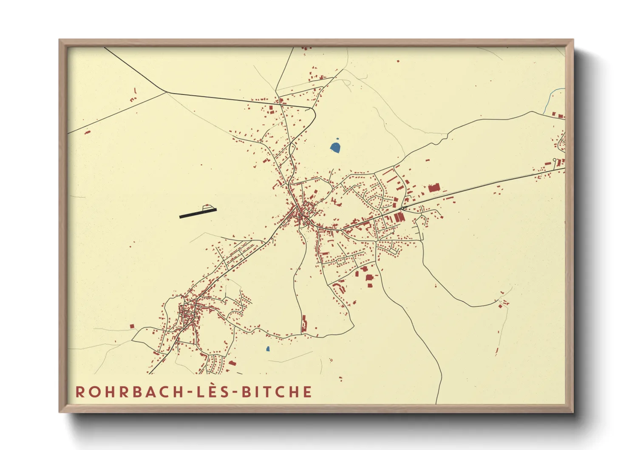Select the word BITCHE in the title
[277, 392]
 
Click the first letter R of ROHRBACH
[79, 392]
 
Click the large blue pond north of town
[335, 147]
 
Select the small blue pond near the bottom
[268, 349]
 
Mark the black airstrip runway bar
[198, 213]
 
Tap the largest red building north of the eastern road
[433, 188]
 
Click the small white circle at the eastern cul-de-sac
[555, 159]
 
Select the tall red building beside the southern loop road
[304, 324]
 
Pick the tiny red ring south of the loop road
[331, 360]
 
